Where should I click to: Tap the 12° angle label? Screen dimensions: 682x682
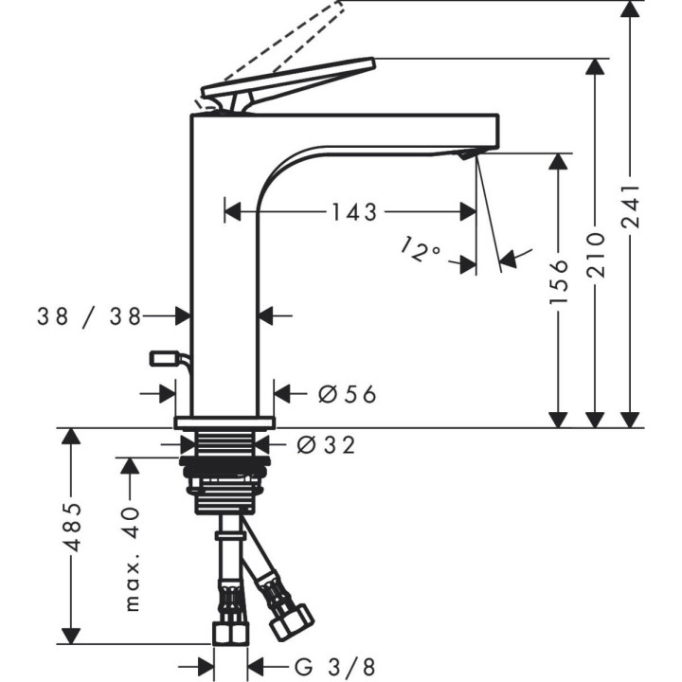[422, 252]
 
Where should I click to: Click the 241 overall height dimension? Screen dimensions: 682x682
[631, 208]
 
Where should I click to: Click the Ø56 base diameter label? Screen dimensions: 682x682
[347, 393]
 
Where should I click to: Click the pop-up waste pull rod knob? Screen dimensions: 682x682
[163, 358]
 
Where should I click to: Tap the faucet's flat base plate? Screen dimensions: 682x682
[224, 421]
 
